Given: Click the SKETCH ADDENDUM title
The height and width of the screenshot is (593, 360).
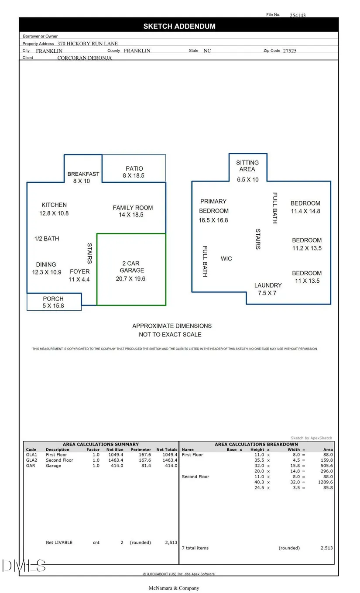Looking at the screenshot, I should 179,26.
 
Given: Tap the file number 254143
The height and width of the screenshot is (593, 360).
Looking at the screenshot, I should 298,15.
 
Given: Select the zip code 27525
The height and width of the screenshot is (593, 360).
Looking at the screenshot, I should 289,51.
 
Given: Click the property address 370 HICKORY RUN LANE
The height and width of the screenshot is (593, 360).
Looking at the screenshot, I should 87,44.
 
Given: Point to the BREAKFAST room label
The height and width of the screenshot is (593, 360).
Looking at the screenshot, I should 83,174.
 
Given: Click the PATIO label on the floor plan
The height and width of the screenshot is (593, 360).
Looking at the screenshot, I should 134,168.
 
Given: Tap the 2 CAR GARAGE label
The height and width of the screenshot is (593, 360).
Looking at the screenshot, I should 132,267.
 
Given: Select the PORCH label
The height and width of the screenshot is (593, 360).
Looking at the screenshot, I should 53,298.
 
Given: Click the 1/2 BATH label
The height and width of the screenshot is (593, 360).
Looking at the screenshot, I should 47,239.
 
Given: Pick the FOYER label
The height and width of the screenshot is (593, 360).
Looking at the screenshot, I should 79,271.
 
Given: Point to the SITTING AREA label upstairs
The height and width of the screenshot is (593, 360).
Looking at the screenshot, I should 247,166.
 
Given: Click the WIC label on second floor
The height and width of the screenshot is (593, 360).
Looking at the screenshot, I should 226,259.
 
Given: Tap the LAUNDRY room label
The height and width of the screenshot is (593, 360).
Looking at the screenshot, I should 268,285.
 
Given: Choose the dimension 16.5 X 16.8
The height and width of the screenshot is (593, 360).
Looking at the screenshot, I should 213,220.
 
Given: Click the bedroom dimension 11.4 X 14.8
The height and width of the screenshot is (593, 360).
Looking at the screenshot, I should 305,211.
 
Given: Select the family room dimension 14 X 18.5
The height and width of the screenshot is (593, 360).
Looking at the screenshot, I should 131,215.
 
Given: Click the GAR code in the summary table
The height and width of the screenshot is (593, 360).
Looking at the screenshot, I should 31,466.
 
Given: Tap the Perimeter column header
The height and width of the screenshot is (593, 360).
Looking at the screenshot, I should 141,449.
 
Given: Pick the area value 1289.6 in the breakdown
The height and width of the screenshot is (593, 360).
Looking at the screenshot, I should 325,482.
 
